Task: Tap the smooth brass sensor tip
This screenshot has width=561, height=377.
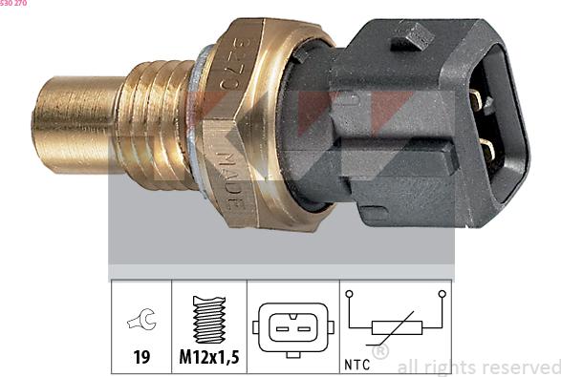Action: (x=72, y=124)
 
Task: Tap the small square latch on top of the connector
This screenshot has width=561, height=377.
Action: (x=413, y=36)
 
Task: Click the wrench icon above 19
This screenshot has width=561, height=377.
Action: (x=140, y=323)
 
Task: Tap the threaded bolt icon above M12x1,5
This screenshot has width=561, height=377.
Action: (x=208, y=319)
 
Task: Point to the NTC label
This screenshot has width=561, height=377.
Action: (x=358, y=364)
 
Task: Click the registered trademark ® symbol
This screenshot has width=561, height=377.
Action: (x=379, y=352)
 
